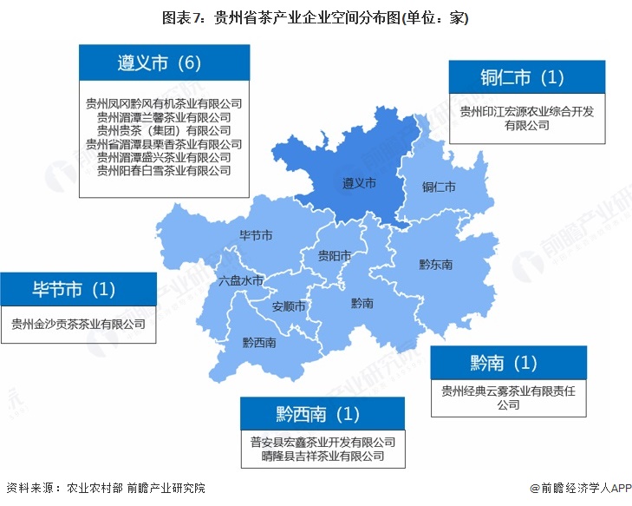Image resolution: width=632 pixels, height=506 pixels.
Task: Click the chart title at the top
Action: pyautogui.click(x=316, y=16)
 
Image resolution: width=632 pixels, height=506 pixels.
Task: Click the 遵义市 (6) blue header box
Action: pyautogui.click(x=160, y=62)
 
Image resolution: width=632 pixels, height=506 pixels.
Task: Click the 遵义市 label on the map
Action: pyautogui.click(x=359, y=184)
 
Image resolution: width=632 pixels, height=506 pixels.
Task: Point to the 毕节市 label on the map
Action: pyautogui.click(x=257, y=235)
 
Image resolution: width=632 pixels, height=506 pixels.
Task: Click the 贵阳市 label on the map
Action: pyautogui.click(x=334, y=255)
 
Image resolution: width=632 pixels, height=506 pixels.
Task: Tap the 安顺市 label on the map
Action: pyautogui.click(x=289, y=306)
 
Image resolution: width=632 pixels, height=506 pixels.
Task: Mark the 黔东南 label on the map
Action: pyautogui.click(x=435, y=264)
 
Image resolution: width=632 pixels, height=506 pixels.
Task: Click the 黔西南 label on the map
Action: pyautogui.click(x=259, y=342)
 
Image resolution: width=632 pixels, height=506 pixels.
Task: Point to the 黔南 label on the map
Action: pyautogui.click(x=362, y=303)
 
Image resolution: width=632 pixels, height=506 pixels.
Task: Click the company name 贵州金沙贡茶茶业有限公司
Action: pyautogui.click(x=78, y=325)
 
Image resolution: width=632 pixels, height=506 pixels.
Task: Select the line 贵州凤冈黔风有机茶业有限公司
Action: pyautogui.click(x=164, y=103)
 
